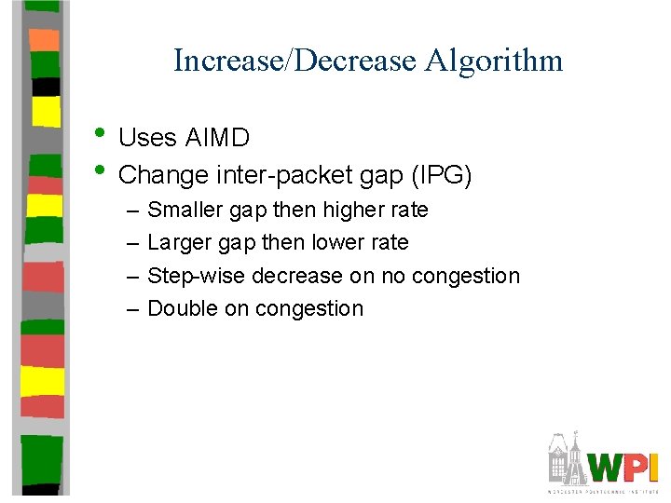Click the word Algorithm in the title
[494, 61]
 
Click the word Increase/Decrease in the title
[294, 61]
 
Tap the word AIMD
[217, 139]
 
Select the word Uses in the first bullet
[147, 139]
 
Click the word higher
[355, 211]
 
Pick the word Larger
[179, 243]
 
